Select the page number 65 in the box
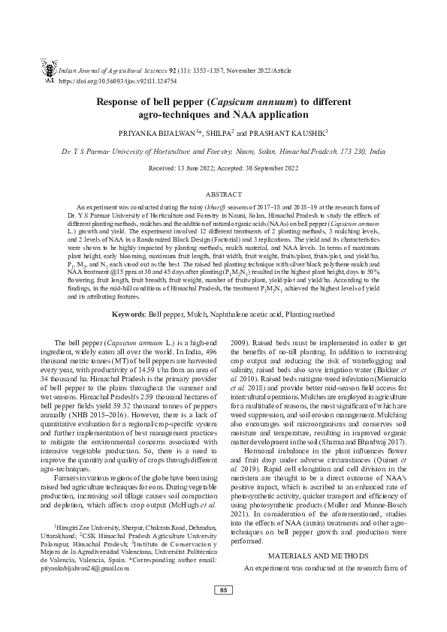point(223,609)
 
